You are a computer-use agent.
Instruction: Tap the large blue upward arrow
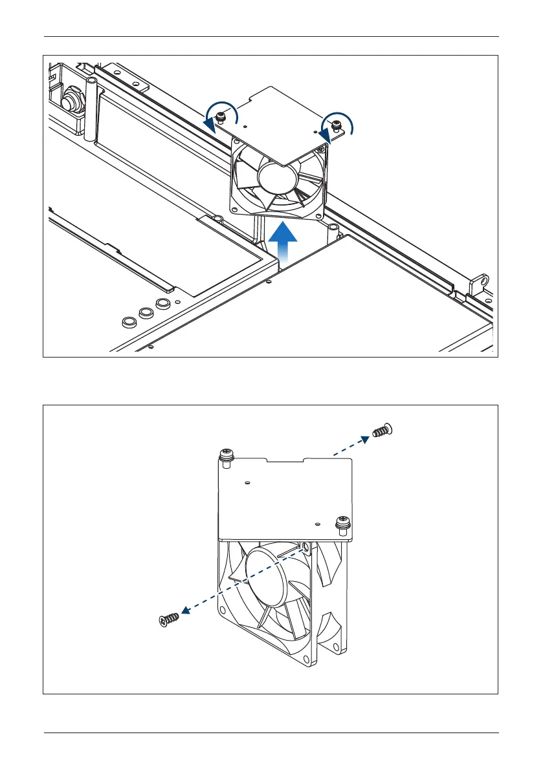[282, 243]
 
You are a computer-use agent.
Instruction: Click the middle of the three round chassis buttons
[146, 312]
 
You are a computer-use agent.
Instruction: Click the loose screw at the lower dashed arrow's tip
[169, 621]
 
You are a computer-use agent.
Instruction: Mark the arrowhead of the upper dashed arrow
[366, 438]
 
